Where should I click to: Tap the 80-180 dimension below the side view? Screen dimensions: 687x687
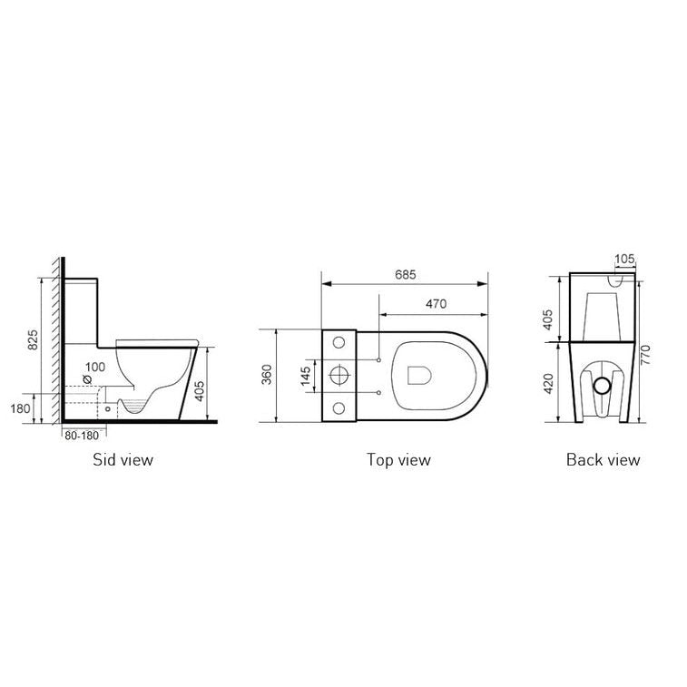[81, 435]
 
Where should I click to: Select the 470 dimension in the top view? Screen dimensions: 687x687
[435, 305]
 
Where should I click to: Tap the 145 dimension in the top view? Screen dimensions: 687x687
[306, 374]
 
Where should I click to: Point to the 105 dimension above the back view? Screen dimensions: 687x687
[624, 260]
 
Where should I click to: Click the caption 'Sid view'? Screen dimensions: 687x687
[123, 459]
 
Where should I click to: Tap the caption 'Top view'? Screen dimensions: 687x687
[398, 459]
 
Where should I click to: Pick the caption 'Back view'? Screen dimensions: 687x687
[603, 459]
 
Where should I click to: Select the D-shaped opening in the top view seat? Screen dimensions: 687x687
[420, 373]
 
